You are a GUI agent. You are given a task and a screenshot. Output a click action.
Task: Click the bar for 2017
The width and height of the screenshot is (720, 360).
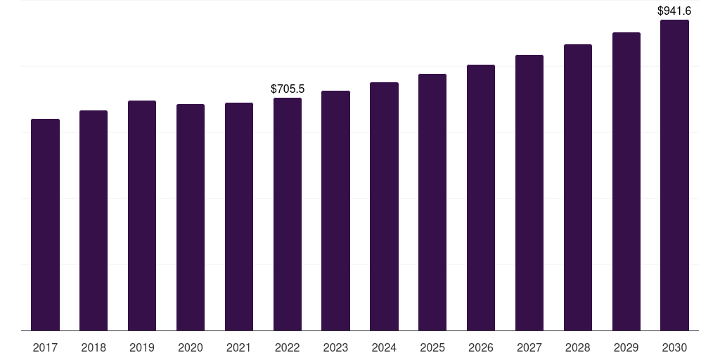tap(45, 225)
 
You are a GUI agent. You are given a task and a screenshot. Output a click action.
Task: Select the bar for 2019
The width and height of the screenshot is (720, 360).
tap(142, 215)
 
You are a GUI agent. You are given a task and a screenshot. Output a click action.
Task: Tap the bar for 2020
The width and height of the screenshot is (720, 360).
tap(191, 217)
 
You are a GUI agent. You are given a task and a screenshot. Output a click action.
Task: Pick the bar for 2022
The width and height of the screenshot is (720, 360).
tap(288, 214)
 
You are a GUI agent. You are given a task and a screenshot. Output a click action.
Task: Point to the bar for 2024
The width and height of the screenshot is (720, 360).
tap(384, 207)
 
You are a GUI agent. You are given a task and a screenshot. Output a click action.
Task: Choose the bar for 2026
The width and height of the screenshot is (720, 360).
tap(481, 198)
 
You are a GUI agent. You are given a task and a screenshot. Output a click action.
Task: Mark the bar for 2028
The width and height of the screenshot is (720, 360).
tap(578, 187)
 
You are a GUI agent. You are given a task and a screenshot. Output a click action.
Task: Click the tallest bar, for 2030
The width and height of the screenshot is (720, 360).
tap(674, 175)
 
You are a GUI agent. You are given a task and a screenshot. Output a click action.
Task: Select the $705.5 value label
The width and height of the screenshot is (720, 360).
tap(288, 89)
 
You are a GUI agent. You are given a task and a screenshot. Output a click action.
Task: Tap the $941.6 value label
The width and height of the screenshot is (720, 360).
tap(674, 11)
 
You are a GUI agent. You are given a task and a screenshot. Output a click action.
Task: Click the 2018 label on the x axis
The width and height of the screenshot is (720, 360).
tap(94, 347)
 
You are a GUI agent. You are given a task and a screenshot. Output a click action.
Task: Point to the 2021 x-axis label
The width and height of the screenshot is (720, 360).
tap(239, 347)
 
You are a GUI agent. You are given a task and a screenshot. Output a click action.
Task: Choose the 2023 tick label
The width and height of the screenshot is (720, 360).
tap(335, 347)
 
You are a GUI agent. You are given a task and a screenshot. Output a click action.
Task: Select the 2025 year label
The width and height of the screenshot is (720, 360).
tap(432, 347)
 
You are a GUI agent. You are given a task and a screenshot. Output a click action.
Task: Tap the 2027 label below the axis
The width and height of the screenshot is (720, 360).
tap(529, 347)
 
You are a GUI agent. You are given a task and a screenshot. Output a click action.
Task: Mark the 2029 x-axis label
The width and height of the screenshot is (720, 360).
tap(626, 347)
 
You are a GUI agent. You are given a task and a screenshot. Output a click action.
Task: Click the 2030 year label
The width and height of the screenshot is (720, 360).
tap(674, 347)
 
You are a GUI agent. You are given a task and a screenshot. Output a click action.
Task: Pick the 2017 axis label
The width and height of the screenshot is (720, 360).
tap(45, 347)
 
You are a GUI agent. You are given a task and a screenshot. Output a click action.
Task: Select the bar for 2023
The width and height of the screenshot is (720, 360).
tap(335, 211)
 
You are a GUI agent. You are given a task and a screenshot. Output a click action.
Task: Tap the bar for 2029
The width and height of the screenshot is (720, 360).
tap(626, 181)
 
